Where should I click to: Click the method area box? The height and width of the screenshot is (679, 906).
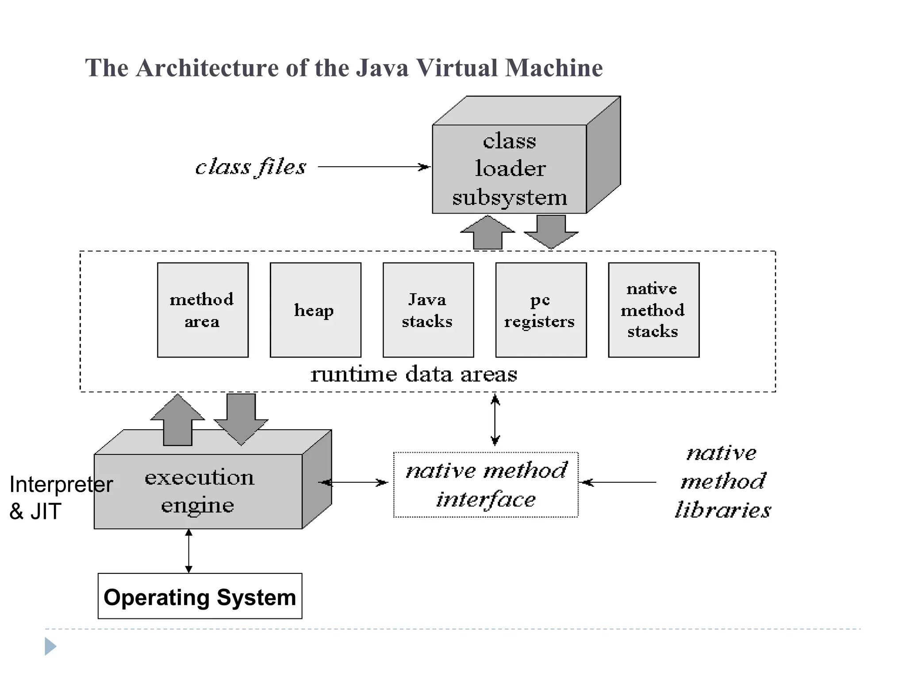tap(203, 310)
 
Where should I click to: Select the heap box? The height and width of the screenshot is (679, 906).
tap(315, 310)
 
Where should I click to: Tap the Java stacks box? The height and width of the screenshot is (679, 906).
tap(428, 310)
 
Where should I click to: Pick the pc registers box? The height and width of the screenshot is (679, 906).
tap(541, 310)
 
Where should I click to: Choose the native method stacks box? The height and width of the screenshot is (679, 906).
tap(653, 310)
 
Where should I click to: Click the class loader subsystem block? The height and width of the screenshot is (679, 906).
tap(509, 169)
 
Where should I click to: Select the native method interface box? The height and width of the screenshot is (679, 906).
tap(486, 484)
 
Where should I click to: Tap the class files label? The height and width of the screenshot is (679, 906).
tap(250, 167)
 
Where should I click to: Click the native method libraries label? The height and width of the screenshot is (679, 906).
tap(723, 481)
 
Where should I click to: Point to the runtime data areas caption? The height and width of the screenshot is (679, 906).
tap(414, 374)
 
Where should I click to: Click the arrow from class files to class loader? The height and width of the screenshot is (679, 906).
tap(374, 167)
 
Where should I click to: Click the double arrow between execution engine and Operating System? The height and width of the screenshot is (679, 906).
tap(189, 551)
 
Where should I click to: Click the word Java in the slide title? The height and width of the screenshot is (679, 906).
tap(382, 68)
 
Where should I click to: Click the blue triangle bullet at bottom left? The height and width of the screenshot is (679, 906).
tap(50, 646)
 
